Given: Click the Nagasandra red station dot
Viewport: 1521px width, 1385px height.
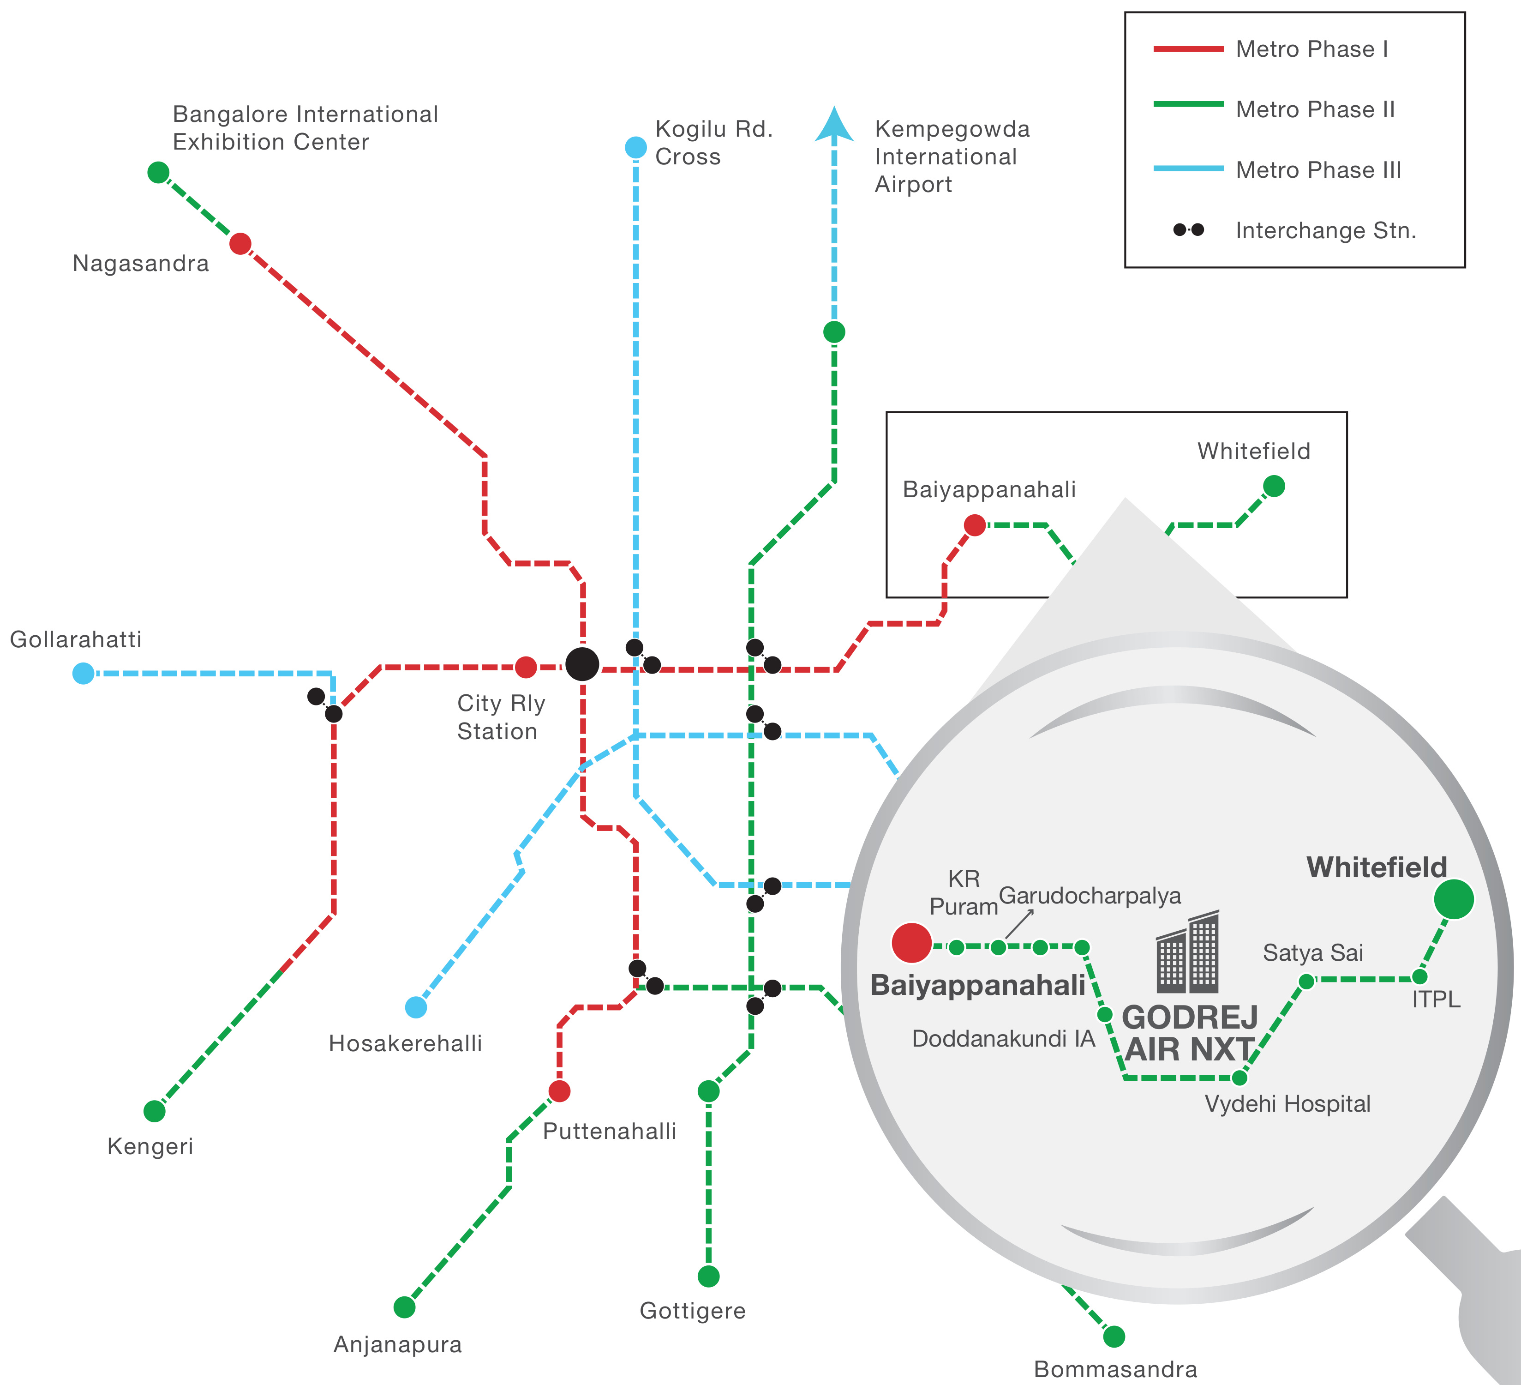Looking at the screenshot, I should click(240, 244).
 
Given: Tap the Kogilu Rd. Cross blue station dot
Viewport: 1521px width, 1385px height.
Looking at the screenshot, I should click(636, 147).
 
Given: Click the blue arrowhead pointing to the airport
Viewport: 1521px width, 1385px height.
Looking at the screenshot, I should click(834, 125).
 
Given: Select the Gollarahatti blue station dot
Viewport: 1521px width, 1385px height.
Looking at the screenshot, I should click(83, 673).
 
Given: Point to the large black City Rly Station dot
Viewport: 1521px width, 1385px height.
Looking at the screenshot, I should click(582, 664).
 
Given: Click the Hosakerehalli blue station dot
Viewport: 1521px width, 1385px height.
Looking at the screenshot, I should click(416, 1007).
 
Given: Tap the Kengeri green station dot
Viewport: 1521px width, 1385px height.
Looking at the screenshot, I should click(154, 1111).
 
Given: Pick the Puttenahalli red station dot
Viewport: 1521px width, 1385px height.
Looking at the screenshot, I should click(559, 1090).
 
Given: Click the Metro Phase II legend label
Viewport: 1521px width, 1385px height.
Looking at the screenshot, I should click(1315, 109).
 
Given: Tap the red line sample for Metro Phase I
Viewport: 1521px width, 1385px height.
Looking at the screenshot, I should click(1188, 49).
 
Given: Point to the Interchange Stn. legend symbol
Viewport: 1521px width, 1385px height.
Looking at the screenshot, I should click(1188, 229).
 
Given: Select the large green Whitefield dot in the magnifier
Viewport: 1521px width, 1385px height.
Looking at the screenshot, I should click(1454, 899).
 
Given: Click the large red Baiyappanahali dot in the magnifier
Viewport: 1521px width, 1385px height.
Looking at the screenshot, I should click(911, 943).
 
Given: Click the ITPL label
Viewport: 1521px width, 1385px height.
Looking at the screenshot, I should click(1436, 1000).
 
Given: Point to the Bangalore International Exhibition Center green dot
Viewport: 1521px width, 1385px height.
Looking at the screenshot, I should click(158, 172).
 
